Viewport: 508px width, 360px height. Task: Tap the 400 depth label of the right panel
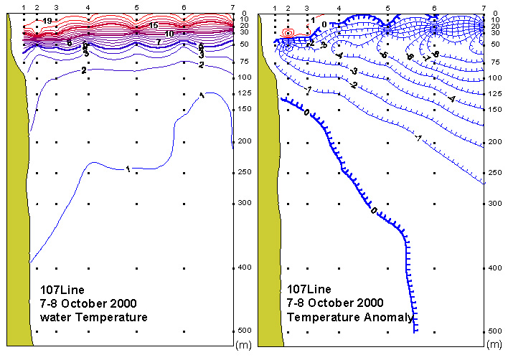494,267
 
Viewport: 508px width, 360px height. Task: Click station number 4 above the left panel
88,7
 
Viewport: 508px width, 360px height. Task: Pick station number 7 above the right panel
483,7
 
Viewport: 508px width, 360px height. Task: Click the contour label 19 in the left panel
47,21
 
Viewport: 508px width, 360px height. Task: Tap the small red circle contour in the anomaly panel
288,33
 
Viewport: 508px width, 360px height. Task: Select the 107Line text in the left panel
62,290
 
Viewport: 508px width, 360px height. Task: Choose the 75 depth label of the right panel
494,62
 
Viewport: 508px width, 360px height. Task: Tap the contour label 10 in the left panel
169,34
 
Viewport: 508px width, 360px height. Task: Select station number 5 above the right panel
387,7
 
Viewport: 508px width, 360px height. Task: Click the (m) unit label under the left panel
243,345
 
